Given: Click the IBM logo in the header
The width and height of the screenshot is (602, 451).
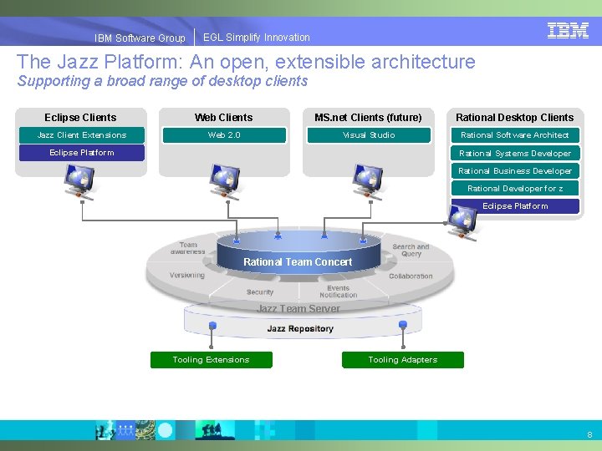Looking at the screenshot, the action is click(568, 31).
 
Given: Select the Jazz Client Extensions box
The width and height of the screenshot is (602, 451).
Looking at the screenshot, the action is click(82, 135).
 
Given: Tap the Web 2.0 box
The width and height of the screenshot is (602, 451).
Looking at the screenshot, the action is click(224, 135).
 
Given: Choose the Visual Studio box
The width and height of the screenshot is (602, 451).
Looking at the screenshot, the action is click(369, 135).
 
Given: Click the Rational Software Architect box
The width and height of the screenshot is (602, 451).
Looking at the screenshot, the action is click(515, 135).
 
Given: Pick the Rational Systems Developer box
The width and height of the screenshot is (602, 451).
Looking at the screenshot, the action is click(515, 154).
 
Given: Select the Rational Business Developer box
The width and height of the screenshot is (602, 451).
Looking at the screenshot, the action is click(515, 171).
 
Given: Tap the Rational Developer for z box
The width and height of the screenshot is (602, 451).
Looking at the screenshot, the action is click(515, 189).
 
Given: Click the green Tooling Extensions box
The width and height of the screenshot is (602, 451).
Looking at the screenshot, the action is click(211, 360).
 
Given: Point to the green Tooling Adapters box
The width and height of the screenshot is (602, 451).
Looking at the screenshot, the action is click(403, 360).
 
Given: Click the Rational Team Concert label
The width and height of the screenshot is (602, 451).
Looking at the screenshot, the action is click(298, 262).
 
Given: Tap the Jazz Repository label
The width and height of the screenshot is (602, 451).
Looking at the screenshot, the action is click(300, 329).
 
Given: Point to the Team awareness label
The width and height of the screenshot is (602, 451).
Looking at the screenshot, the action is click(188, 249).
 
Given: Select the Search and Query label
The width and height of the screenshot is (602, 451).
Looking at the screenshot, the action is click(411, 251).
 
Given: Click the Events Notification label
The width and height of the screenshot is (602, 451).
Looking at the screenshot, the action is click(339, 291).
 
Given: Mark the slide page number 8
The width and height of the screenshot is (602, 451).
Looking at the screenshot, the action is click(589, 435).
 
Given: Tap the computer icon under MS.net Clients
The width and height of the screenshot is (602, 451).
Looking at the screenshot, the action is click(368, 180).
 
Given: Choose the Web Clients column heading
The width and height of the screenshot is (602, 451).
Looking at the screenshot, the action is click(223, 118).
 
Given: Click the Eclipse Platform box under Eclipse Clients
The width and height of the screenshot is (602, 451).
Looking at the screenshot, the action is click(82, 153).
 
